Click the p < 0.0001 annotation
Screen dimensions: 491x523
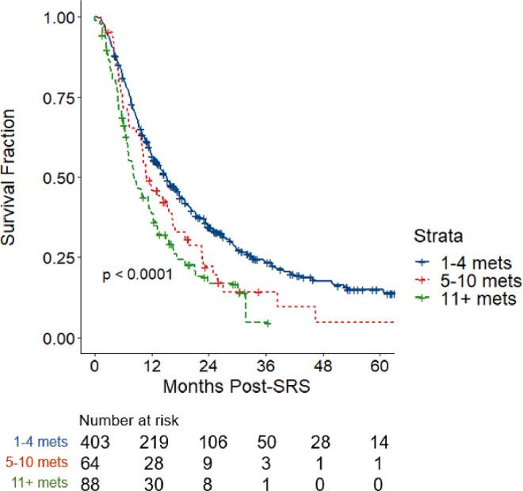(x=138, y=275)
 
